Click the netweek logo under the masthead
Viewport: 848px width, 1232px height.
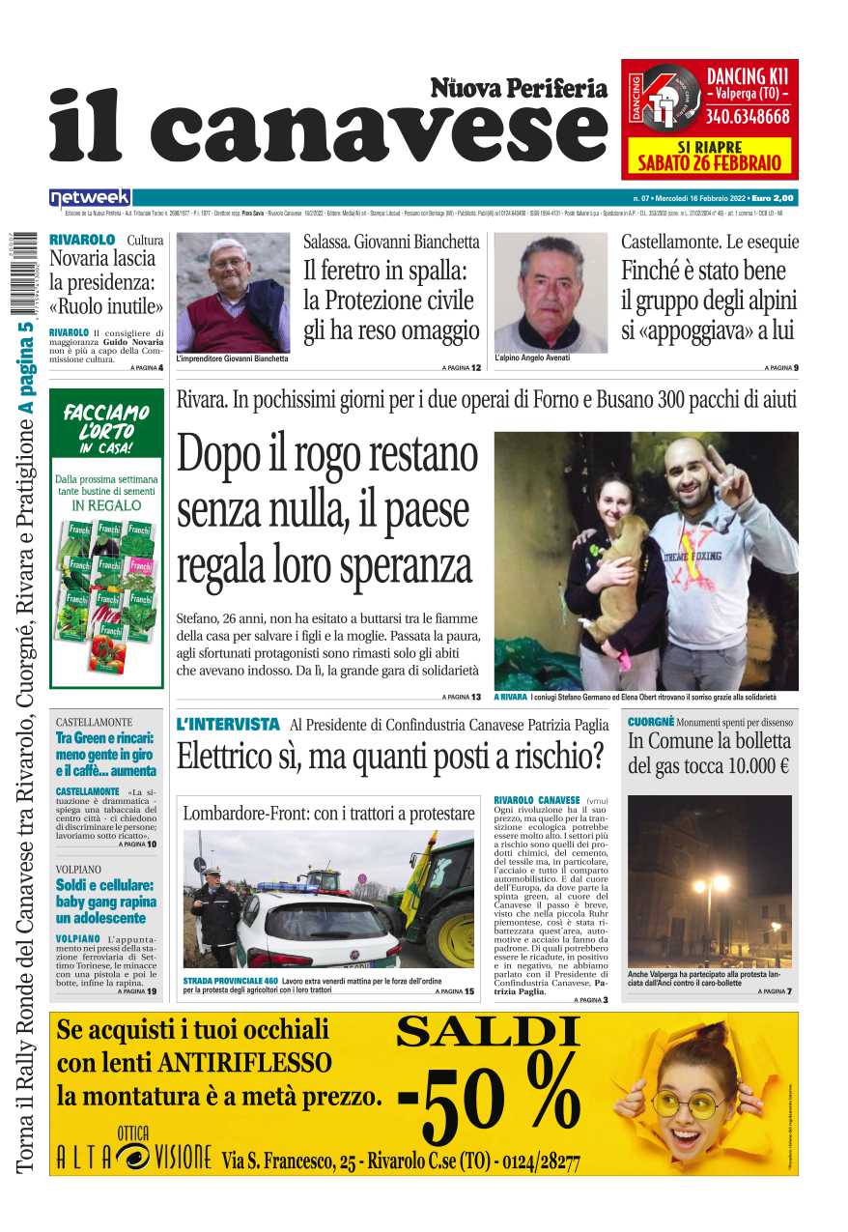(x=90, y=197)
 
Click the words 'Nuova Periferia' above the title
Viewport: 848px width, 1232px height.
(x=519, y=89)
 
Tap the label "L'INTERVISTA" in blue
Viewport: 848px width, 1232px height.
(x=228, y=724)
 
